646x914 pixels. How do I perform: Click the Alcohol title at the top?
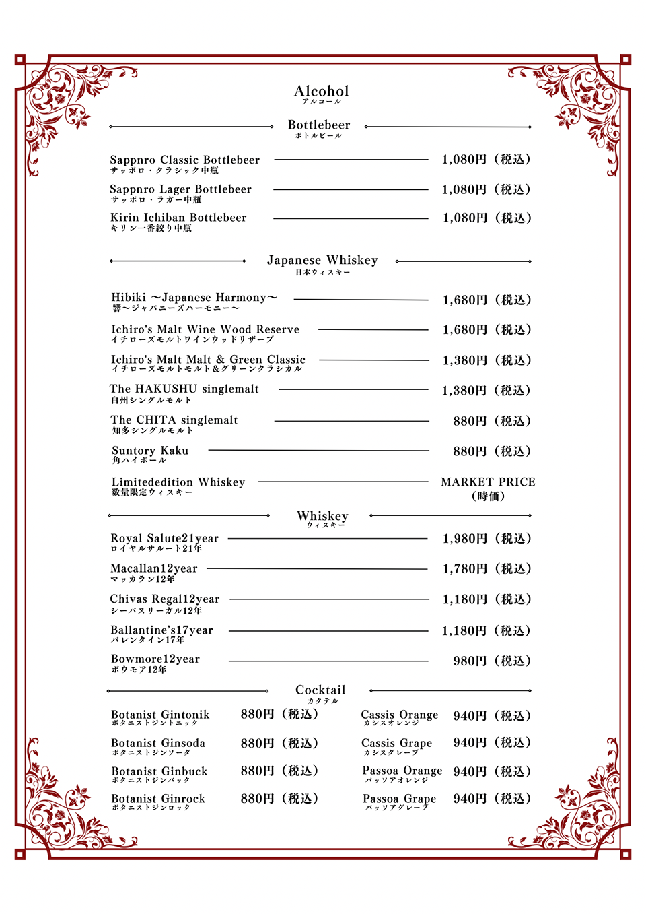(321, 91)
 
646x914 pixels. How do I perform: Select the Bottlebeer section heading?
(319, 125)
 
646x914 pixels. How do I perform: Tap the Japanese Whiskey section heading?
(322, 260)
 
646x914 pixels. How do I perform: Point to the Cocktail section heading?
(320, 690)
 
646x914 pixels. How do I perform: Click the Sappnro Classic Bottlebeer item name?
(184, 160)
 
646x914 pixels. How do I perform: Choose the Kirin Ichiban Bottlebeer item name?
(178, 218)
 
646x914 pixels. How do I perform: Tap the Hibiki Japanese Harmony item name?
(194, 298)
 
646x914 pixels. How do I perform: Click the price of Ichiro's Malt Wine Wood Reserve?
(487, 330)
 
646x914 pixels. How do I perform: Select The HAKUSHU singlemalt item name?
(184, 389)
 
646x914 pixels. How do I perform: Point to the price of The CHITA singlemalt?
(491, 421)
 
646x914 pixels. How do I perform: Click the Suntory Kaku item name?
(150, 451)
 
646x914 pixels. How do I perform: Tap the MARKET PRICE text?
(488, 482)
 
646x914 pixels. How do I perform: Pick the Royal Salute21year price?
(487, 539)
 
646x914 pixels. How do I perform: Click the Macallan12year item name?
(154, 568)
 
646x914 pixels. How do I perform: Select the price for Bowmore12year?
(491, 661)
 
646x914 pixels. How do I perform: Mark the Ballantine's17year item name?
(161, 630)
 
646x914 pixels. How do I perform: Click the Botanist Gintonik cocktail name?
(160, 715)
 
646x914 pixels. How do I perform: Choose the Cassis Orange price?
(491, 716)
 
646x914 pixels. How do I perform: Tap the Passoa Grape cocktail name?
(399, 799)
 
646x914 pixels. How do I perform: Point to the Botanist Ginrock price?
(279, 799)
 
